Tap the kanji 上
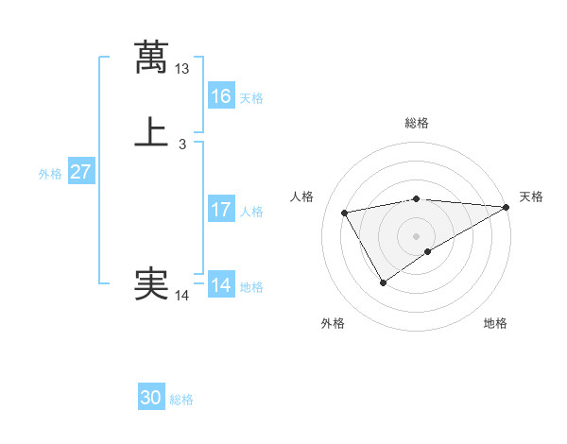click(151, 131)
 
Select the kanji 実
click(151, 283)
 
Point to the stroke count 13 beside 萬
click(182, 69)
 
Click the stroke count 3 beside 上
click(182, 145)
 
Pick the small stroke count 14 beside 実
click(182, 296)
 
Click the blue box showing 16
click(220, 96)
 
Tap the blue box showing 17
click(220, 210)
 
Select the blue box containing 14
click(220, 285)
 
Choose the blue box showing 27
click(80, 172)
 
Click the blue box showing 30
click(151, 398)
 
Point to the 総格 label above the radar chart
click(417, 123)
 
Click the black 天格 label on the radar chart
click(531, 196)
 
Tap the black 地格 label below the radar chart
click(495, 323)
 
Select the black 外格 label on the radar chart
click(333, 323)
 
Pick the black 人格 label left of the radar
click(302, 196)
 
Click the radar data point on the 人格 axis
click(345, 213)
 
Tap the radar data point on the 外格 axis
click(383, 282)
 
